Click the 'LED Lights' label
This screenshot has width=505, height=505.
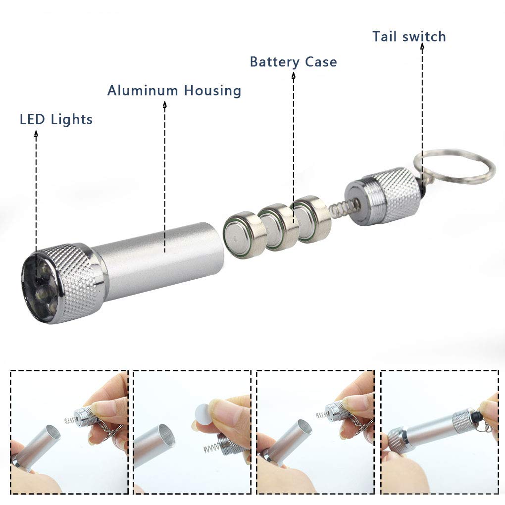56,119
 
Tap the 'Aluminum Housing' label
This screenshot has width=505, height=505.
174,91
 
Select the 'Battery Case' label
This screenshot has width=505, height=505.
294,62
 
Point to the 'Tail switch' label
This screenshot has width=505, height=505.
409,37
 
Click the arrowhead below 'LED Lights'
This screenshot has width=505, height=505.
36,133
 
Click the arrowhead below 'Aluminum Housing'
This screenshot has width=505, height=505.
165,104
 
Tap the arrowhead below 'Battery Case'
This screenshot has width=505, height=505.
294,75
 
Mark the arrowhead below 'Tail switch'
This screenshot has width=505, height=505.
422,47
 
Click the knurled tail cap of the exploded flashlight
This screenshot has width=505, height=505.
383,196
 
